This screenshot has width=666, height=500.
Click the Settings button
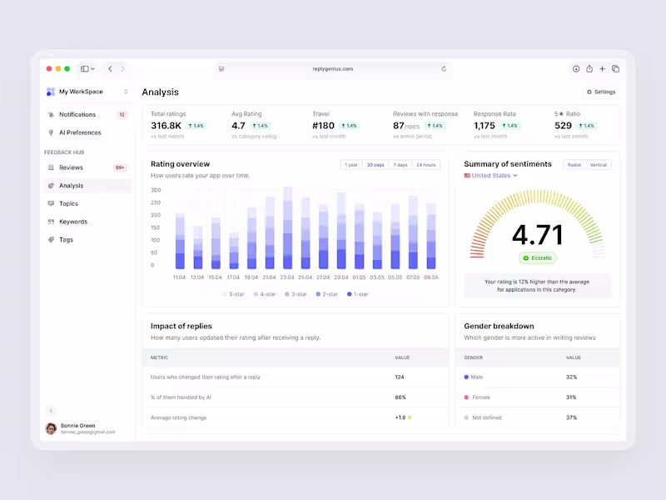pyautogui.click(x=601, y=92)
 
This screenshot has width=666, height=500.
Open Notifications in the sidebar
pyautogui.click(x=77, y=114)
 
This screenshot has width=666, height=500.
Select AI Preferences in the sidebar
pyautogui.click(x=79, y=132)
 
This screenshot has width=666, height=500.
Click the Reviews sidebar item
pyautogui.click(x=71, y=167)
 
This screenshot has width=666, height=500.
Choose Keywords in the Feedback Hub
pyautogui.click(x=72, y=222)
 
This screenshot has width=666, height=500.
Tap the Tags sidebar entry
pyautogui.click(x=66, y=240)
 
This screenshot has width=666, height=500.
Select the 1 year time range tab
pyautogui.click(x=352, y=165)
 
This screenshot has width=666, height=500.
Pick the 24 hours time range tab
pyautogui.click(x=425, y=165)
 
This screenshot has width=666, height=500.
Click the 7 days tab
pyautogui.click(x=400, y=165)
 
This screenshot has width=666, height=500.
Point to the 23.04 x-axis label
pyautogui.click(x=287, y=277)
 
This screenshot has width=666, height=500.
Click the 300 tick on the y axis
pyautogui.click(x=156, y=190)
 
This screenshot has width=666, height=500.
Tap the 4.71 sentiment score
pyautogui.click(x=537, y=234)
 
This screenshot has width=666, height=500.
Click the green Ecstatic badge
pyautogui.click(x=537, y=258)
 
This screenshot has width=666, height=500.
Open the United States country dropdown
pyautogui.click(x=491, y=176)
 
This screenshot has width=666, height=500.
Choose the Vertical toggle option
pyautogui.click(x=598, y=165)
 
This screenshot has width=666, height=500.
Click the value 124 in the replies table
pyautogui.click(x=400, y=377)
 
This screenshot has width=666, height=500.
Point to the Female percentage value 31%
pyautogui.click(x=571, y=397)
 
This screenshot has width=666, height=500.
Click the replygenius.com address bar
pyautogui.click(x=333, y=69)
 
